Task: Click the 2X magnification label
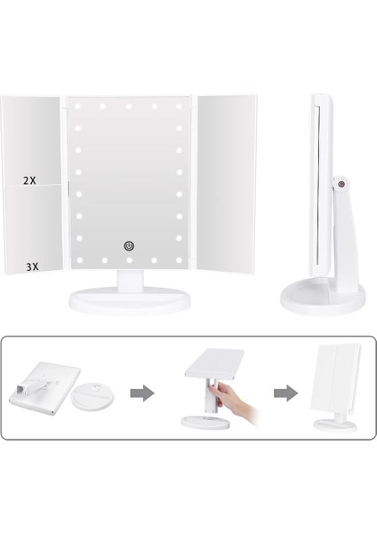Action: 29,179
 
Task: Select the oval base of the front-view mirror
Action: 130,301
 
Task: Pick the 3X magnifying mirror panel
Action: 36,227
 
